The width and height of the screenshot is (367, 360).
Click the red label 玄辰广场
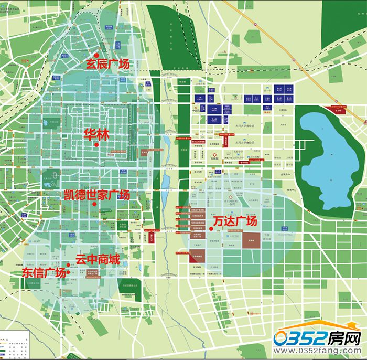107,64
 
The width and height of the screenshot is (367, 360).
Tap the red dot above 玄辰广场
96,54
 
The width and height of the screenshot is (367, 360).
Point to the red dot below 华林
97,145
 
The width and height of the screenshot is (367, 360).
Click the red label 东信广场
44,273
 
